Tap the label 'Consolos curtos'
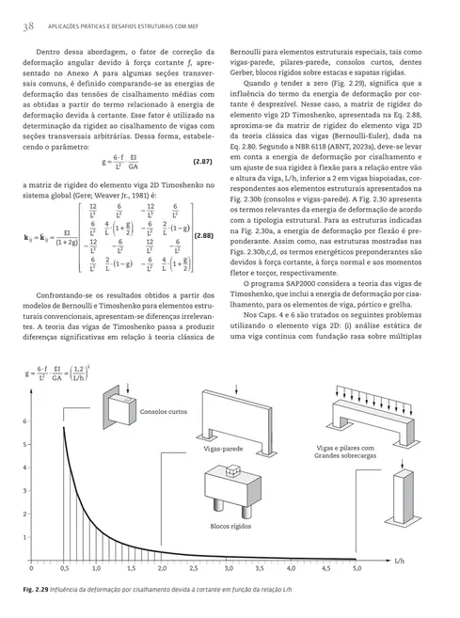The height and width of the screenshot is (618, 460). (x=163, y=412)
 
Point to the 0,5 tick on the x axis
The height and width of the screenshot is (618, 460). (x=64, y=569)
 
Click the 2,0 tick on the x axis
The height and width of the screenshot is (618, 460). (x=161, y=569)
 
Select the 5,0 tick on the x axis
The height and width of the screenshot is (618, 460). (x=357, y=569)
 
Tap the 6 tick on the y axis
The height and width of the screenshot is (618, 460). (x=24, y=421)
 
